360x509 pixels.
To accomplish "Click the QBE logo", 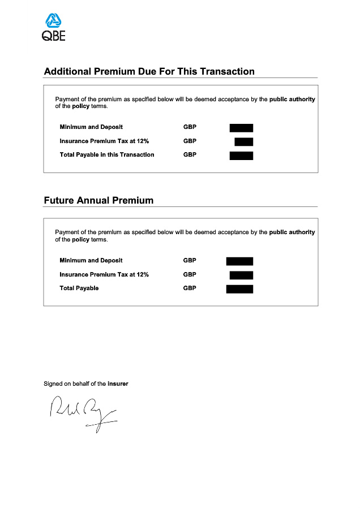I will pos(54,28).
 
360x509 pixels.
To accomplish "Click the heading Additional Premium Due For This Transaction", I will pos(149,72).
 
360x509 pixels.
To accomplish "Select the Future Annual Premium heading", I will pos(98,201).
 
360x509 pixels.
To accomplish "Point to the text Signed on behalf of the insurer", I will pos(86,384).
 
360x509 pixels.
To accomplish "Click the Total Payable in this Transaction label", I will pos(107,155).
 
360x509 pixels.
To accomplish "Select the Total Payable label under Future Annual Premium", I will pos(79,288).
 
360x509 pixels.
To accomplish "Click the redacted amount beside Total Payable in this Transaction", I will pos(241,156).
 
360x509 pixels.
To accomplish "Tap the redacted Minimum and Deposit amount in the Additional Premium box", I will pos(241,128).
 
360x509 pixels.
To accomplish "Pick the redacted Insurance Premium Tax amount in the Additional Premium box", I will pos(244,141).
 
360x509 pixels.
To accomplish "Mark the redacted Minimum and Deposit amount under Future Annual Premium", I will pos(239,261).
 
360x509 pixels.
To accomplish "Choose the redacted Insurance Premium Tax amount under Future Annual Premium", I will pos(241,275).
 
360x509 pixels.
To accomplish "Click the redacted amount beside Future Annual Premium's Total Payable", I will pos(239,289).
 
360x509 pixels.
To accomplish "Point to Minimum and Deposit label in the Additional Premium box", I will pos(91,127).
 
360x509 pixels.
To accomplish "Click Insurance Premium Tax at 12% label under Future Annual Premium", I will pos(104,275).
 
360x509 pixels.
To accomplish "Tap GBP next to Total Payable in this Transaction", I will pos(190,155).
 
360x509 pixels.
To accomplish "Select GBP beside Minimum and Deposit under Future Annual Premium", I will pos(190,261).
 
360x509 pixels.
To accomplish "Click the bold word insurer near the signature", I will pos(118,384).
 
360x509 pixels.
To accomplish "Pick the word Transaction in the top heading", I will pos(227,72).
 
